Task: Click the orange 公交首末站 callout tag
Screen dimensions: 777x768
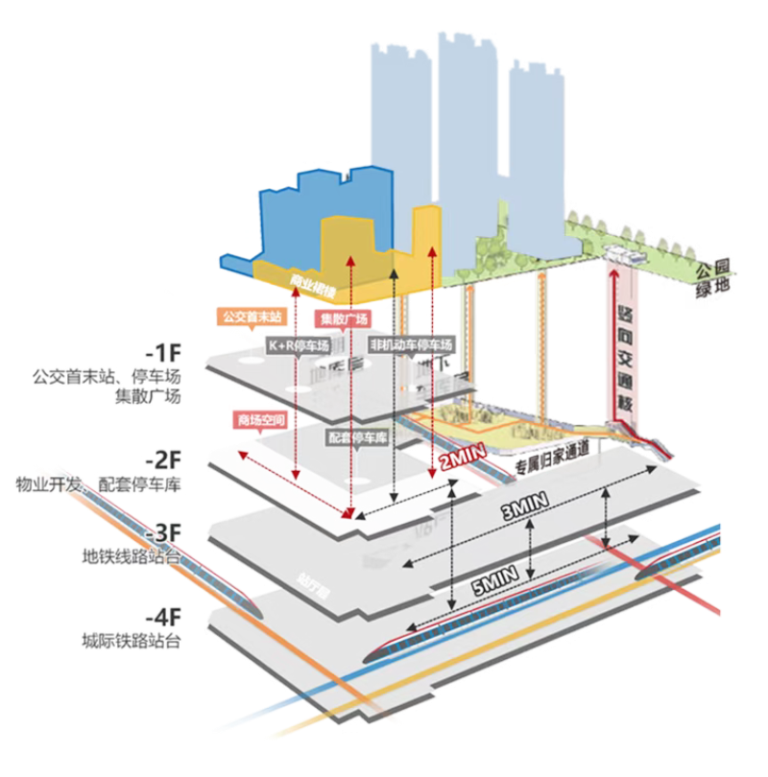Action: point(251,316)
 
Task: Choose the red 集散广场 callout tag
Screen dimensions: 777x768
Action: point(339,318)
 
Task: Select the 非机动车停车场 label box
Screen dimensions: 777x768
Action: point(410,342)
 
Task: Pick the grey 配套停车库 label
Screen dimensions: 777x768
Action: point(354,436)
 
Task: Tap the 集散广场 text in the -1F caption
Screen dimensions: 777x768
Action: point(150,395)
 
